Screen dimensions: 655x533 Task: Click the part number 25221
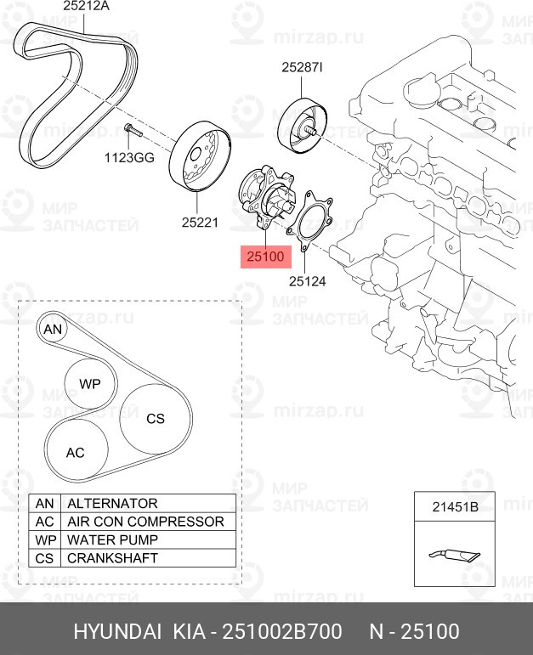coord(200,223)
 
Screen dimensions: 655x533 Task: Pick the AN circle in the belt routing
coord(54,330)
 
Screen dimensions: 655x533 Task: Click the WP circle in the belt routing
coord(89,384)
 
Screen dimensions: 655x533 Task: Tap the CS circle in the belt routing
coord(155,418)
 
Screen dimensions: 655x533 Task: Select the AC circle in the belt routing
coord(76,452)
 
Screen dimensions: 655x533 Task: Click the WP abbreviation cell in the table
coord(44,540)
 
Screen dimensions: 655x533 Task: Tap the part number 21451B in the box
coord(456,507)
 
